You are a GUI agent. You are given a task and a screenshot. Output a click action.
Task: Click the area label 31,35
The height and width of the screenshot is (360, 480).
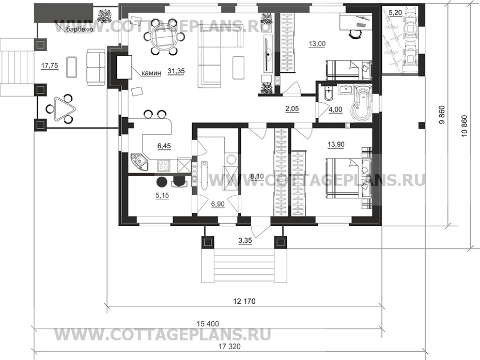click(176, 71)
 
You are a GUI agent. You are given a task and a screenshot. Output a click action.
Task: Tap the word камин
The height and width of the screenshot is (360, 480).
click(151, 73)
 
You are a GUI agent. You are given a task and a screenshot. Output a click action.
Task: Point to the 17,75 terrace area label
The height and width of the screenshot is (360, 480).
click(49, 66)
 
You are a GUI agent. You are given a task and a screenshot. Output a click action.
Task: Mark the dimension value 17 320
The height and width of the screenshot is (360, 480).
click(229, 347)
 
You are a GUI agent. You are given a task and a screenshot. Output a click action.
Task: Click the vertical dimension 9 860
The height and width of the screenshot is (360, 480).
click(441, 115)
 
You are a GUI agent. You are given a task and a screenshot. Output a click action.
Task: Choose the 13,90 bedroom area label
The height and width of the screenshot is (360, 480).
click(336, 145)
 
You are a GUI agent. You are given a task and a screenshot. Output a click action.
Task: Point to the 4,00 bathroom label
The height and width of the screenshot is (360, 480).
click(335, 109)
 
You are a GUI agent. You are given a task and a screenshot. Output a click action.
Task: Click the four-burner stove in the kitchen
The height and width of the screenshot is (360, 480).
click(163, 166)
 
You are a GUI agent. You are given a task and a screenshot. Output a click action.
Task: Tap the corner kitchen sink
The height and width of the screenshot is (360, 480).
click(139, 161)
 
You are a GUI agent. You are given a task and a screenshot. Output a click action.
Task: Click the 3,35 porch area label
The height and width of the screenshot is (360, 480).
click(245, 241)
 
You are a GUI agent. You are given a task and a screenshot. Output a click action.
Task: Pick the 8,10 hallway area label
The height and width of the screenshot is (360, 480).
click(256, 176)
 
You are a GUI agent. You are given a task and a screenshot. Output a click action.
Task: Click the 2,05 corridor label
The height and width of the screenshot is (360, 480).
click(292, 108)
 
